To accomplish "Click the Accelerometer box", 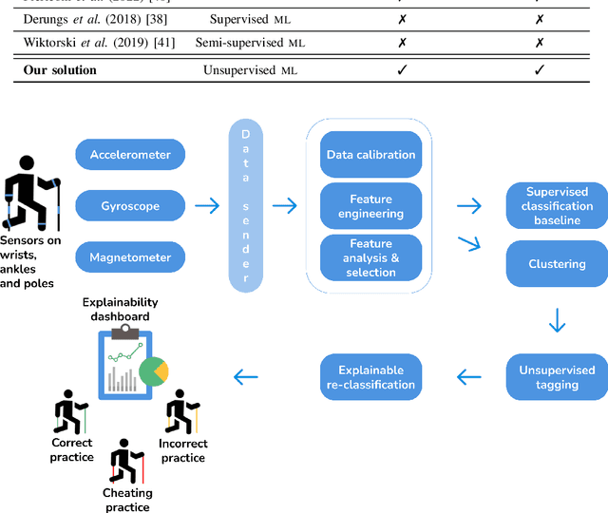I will (x=131, y=155).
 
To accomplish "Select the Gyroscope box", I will (x=131, y=206).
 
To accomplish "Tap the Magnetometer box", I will (x=131, y=257).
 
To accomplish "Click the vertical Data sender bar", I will (x=246, y=205).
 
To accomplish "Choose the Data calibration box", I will (x=370, y=155).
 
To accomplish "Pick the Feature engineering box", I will (x=370, y=206).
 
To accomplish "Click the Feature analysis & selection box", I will (x=370, y=257).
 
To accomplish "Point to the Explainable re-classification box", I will (x=370, y=377).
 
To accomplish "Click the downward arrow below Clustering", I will (x=557, y=322).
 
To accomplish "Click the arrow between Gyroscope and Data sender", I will (x=206, y=206).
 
